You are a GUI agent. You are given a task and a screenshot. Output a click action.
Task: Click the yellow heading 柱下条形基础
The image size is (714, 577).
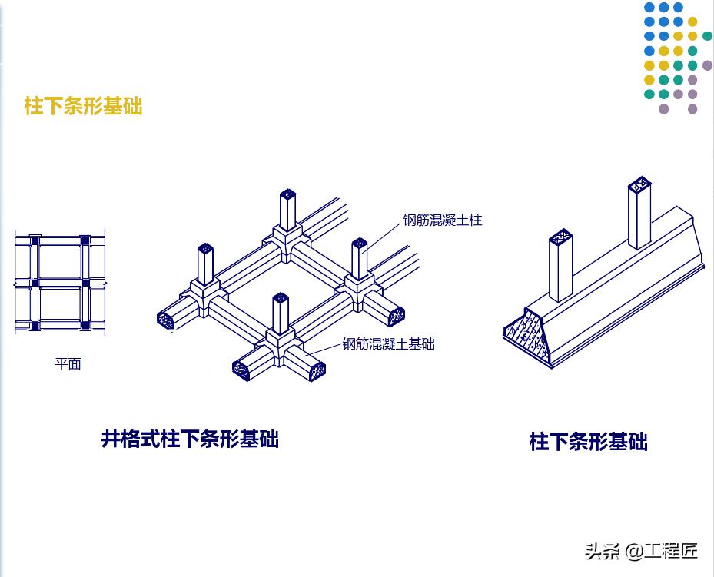pos(83,106)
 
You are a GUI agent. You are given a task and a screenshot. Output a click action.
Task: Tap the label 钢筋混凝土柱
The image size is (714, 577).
pos(442,221)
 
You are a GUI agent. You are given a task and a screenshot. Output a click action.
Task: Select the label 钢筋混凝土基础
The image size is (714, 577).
pos(388,344)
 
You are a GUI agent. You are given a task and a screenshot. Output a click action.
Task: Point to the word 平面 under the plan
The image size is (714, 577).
pos(68,364)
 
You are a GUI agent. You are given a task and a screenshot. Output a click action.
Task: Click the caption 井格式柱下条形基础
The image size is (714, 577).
pos(189,439)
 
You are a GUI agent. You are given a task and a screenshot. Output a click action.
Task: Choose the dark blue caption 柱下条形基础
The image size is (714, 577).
pos(588,442)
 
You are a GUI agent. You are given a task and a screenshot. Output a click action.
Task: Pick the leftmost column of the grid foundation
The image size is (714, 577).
pos(205,265)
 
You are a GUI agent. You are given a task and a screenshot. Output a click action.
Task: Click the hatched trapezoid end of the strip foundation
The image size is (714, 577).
pos(530,334)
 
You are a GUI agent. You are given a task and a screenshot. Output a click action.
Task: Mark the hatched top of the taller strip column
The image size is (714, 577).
pos(639,185)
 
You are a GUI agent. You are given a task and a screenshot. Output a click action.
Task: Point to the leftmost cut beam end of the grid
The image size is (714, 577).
pos(166,320)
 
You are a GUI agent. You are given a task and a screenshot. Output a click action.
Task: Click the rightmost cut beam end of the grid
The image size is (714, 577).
pos(396,315)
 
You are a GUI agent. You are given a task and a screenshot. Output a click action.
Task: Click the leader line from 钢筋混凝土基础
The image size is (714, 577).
pos(323,348)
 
